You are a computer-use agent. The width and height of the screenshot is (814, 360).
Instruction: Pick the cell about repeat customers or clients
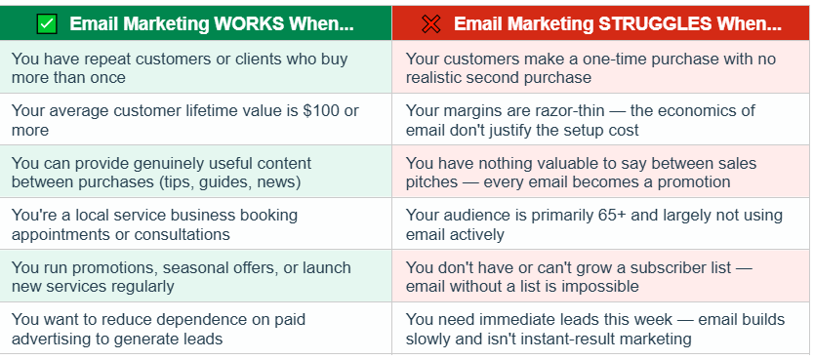[x=196, y=67]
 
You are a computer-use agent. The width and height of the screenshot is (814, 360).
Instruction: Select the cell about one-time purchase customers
[x=600, y=67]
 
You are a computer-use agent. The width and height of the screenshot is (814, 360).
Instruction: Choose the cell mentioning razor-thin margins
[x=600, y=120]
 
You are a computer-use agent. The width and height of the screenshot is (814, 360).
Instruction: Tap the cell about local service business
[x=196, y=224]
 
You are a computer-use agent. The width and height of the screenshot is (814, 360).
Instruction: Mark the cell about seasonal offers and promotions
[x=196, y=276]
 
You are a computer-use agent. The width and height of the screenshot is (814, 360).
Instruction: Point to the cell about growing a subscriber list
[x=600, y=276]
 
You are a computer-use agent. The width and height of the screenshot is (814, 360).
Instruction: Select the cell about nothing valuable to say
[x=600, y=172]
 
